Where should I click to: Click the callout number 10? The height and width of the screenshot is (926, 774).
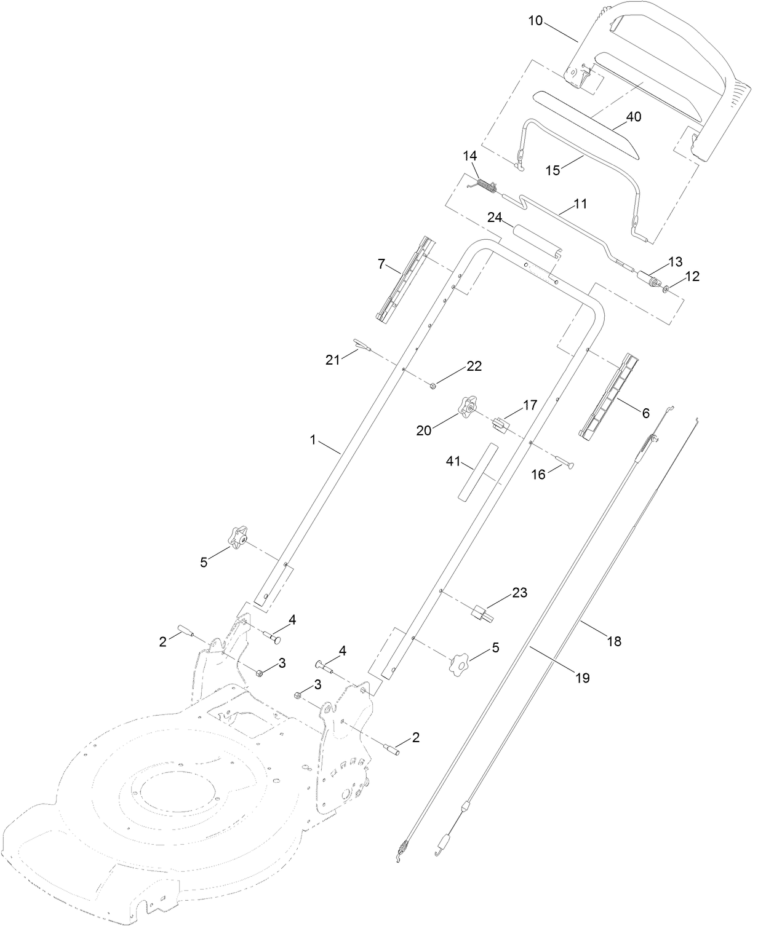tap(535, 20)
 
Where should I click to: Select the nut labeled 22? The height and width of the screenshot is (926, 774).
tap(433, 386)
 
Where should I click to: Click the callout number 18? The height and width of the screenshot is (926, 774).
tap(614, 641)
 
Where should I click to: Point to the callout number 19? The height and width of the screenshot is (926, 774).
tap(582, 678)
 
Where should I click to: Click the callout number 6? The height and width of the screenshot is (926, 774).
tap(645, 413)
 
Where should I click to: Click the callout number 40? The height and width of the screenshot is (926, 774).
tap(634, 116)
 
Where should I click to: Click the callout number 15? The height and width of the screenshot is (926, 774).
tap(553, 170)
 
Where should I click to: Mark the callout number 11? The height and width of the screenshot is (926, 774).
tap(580, 204)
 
